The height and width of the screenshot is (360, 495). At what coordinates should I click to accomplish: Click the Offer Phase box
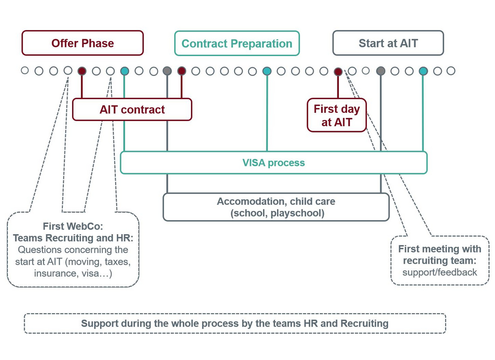click(83, 43)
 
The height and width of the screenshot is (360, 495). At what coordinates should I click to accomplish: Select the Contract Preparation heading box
click(237, 44)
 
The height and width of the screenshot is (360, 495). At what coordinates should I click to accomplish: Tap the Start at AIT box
click(388, 43)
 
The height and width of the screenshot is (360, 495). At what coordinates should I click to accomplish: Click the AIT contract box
click(132, 109)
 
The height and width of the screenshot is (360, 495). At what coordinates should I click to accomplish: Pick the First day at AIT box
click(336, 116)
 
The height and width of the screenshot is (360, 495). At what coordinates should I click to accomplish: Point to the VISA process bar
click(274, 163)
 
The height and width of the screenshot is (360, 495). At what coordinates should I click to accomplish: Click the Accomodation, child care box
click(276, 207)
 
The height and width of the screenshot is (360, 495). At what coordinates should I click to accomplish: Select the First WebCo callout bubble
click(73, 250)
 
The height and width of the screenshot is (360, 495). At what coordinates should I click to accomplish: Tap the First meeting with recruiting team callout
click(439, 260)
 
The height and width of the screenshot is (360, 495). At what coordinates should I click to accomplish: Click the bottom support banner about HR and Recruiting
click(235, 324)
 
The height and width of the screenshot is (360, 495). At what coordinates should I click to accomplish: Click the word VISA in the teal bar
click(254, 163)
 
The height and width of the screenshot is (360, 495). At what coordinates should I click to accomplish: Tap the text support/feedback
click(439, 272)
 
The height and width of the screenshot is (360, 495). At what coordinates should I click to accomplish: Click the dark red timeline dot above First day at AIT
click(338, 72)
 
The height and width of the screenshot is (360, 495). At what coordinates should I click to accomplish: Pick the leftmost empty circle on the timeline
click(25, 71)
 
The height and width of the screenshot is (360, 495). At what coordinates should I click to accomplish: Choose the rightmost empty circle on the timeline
click(451, 71)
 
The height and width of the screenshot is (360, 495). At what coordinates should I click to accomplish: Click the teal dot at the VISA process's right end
click(423, 71)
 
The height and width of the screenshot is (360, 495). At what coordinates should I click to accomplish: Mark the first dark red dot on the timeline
click(82, 71)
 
